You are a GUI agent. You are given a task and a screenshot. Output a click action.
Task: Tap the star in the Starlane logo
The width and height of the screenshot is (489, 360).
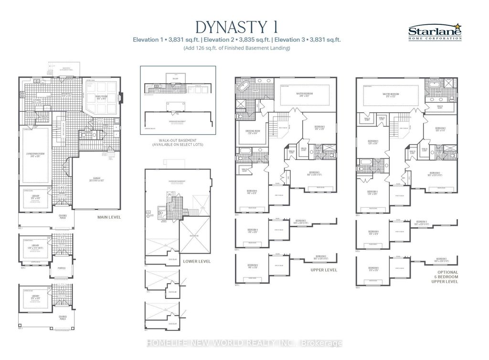pyautogui.click(x=459, y=27)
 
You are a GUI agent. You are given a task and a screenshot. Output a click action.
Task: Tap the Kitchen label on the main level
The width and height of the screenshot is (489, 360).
pyautogui.click(x=36, y=101)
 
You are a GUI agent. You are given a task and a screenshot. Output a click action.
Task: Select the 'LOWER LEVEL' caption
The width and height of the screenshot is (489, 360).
pyautogui.click(x=197, y=262)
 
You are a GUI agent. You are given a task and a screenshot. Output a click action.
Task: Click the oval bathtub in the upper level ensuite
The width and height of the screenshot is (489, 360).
pyautogui.click(x=242, y=88)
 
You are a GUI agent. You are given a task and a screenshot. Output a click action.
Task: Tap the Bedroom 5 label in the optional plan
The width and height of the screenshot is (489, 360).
pyautogui.click(x=372, y=141)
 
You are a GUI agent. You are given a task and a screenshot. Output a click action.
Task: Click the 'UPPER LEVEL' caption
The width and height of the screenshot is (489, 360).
pyautogui.click(x=324, y=270)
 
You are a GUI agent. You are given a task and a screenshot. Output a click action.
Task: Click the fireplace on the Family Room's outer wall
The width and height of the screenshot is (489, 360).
pyautogui.click(x=121, y=97)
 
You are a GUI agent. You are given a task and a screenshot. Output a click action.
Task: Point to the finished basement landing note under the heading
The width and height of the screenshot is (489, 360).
pyautogui.click(x=237, y=49)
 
